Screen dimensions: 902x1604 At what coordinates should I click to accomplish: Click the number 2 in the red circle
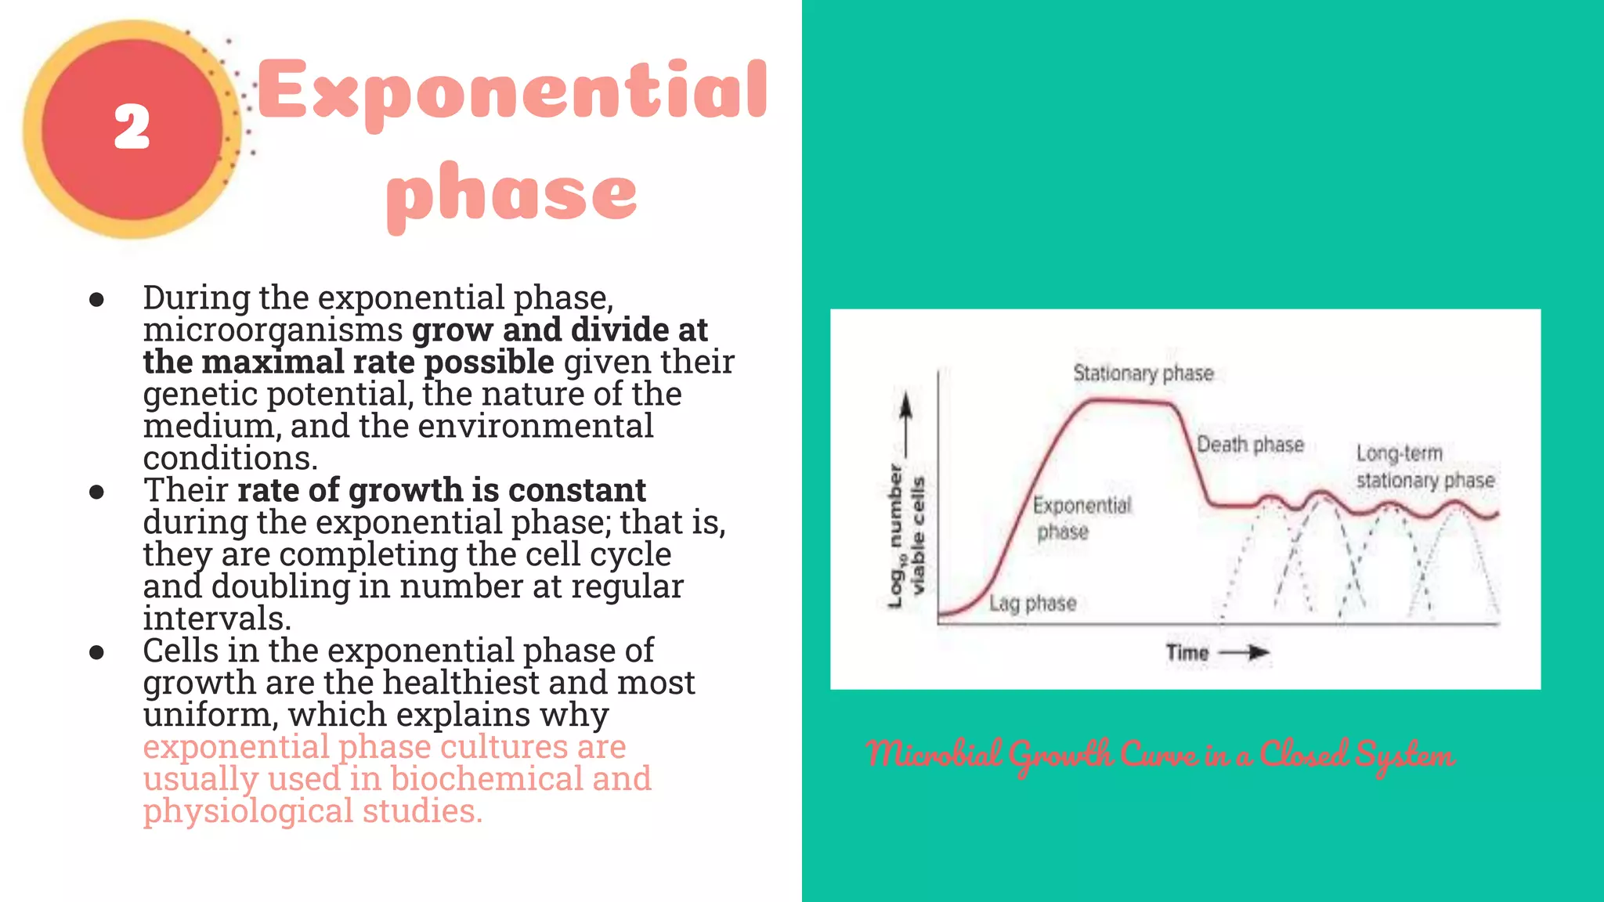point(132,127)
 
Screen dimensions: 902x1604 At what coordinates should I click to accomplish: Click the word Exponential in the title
point(512,92)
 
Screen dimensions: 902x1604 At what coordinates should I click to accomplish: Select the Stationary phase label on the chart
point(1143,373)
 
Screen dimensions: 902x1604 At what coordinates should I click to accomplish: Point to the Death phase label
point(1250,445)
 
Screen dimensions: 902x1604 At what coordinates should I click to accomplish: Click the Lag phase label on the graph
point(1032,603)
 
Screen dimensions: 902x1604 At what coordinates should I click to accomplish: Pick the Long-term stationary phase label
point(1424,467)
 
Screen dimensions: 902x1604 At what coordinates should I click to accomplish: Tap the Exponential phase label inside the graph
point(1081,518)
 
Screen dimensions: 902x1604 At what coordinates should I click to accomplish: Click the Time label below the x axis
point(1187,652)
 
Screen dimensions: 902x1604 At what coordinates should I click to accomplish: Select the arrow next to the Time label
point(1245,652)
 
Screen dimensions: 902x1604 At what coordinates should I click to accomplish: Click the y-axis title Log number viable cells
point(906,536)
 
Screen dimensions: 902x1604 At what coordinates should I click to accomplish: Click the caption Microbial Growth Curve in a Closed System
point(1161,755)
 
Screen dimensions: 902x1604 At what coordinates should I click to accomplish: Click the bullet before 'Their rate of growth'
point(97,492)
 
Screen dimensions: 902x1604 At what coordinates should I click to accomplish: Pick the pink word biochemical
point(486,778)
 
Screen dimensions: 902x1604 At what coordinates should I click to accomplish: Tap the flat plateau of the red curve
point(1128,401)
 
